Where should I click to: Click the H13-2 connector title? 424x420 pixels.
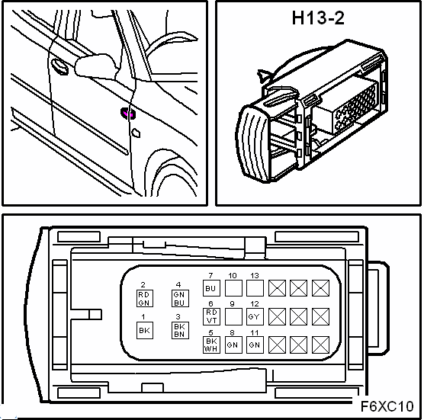click(318, 18)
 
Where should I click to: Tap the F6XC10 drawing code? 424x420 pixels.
click(387, 406)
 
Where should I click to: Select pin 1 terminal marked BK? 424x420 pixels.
click(145, 330)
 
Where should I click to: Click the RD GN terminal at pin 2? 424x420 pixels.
click(145, 298)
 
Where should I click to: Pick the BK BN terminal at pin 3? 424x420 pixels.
click(180, 330)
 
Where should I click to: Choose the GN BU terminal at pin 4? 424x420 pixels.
click(180, 298)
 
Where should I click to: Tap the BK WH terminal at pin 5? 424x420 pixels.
click(211, 345)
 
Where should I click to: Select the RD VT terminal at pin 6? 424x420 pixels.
click(211, 316)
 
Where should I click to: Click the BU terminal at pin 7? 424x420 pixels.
click(211, 288)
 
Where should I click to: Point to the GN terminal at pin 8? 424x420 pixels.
click(233, 345)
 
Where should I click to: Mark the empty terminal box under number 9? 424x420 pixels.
click(233, 316)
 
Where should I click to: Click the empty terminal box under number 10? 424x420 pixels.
click(233, 288)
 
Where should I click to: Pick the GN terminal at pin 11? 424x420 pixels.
click(255, 345)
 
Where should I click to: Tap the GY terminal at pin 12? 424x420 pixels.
click(255, 316)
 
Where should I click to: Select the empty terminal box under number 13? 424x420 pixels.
click(255, 288)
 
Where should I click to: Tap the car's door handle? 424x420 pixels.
click(59, 66)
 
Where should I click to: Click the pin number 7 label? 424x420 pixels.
click(210, 275)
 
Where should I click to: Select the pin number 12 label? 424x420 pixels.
click(255, 304)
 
